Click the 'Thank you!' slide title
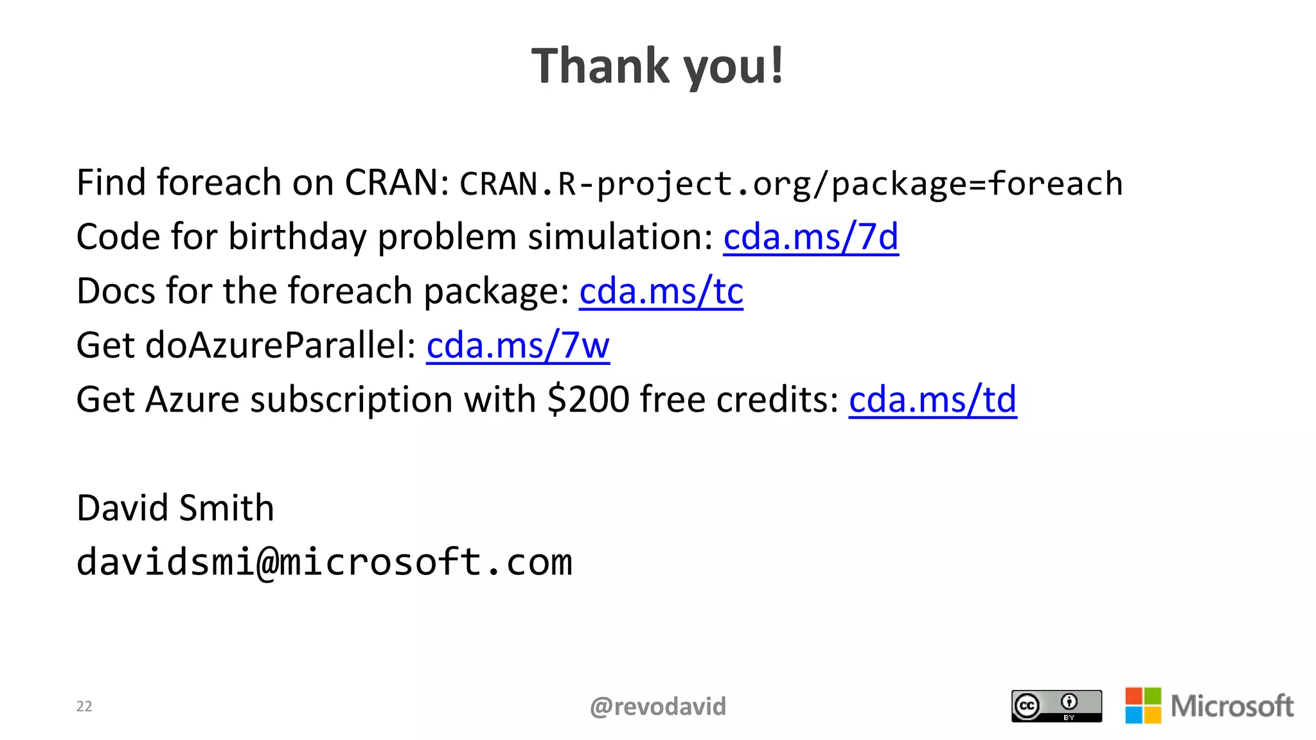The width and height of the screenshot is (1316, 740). point(657,66)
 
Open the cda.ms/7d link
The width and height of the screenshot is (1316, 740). point(810,237)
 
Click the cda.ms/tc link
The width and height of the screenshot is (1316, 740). point(661,292)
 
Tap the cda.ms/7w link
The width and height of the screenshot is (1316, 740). point(517,346)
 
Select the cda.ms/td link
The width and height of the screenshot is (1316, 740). point(932,400)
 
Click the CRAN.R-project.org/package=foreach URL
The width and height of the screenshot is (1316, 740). point(791,184)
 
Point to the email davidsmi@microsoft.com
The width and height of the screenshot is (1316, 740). point(324,562)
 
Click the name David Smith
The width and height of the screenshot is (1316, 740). point(175,508)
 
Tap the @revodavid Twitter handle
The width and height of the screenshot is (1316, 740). point(657,707)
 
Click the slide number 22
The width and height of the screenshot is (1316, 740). point(84,707)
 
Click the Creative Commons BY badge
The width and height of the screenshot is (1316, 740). point(1056,706)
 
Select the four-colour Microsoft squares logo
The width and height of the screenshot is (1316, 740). point(1143,705)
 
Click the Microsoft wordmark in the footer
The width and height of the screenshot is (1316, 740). point(1232,706)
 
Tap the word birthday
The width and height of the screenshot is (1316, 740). point(297,237)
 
